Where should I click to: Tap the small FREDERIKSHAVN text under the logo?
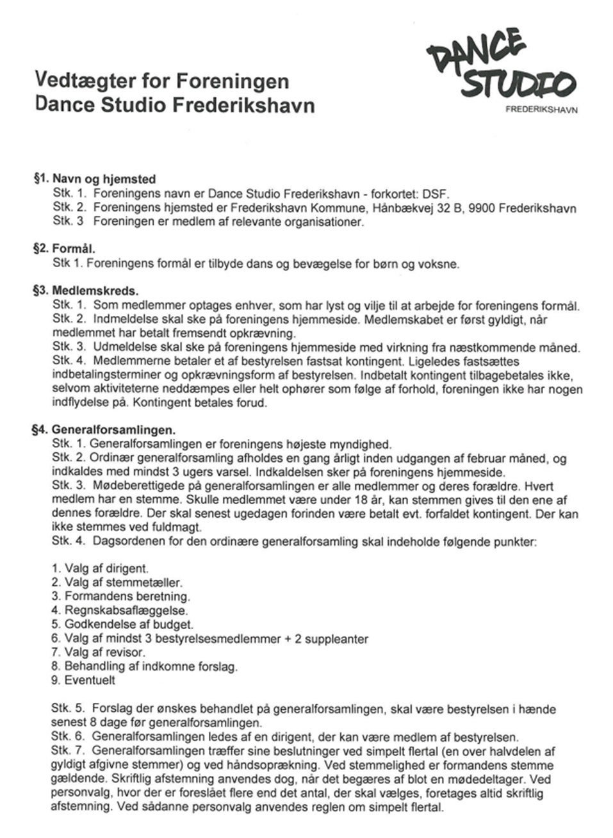pyautogui.click(x=541, y=110)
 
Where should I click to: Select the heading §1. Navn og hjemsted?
pyautogui.click(x=95, y=179)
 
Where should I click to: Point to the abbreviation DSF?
pyautogui.click(x=439, y=193)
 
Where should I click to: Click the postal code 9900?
pyautogui.click(x=482, y=208)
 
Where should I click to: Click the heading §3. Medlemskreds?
pyautogui.click(x=86, y=291)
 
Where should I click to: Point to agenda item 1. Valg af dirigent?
pyautogui.click(x=100, y=568)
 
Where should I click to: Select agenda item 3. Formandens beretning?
pyautogui.click(x=120, y=596)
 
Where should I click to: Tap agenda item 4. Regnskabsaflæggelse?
pyautogui.click(x=119, y=611)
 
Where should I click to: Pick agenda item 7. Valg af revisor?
pyautogui.click(x=98, y=653)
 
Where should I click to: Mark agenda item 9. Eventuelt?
pyautogui.click(x=83, y=680)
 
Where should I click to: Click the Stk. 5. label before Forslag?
pyautogui.click(x=68, y=709)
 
